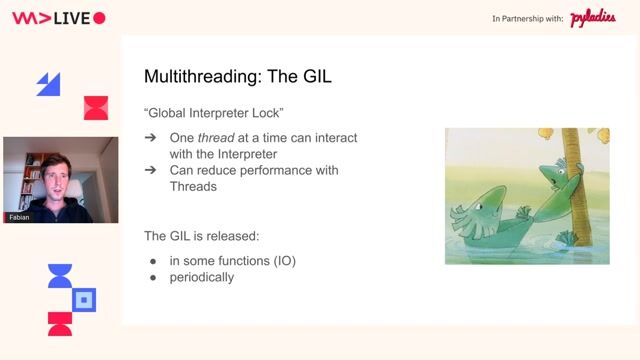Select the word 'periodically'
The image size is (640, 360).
tap(202, 276)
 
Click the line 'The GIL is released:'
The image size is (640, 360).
tap(201, 236)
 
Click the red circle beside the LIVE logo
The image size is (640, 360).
tap(98, 18)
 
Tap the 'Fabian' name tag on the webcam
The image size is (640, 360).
tap(18, 217)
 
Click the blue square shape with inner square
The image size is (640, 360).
tap(85, 299)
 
